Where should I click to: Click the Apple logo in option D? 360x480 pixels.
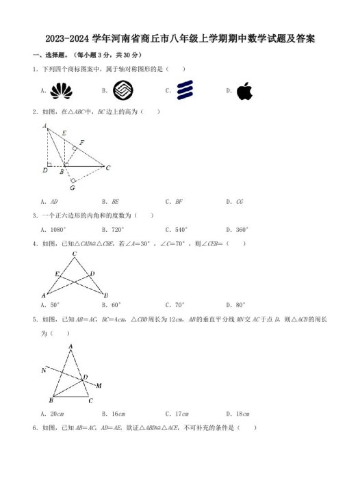[244, 91]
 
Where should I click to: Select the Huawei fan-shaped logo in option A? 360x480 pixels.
[61, 90]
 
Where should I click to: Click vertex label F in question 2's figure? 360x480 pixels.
[81, 142]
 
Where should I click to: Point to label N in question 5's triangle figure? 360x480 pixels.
[43, 370]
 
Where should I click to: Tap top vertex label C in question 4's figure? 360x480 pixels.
[74, 253]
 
